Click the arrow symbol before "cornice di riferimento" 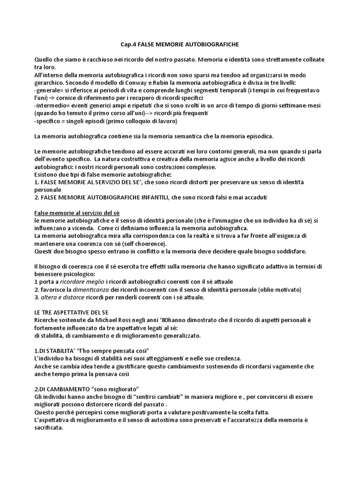click(x=53, y=98)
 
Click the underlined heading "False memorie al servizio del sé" click(x=76, y=213)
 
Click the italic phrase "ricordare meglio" click(x=76, y=282)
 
